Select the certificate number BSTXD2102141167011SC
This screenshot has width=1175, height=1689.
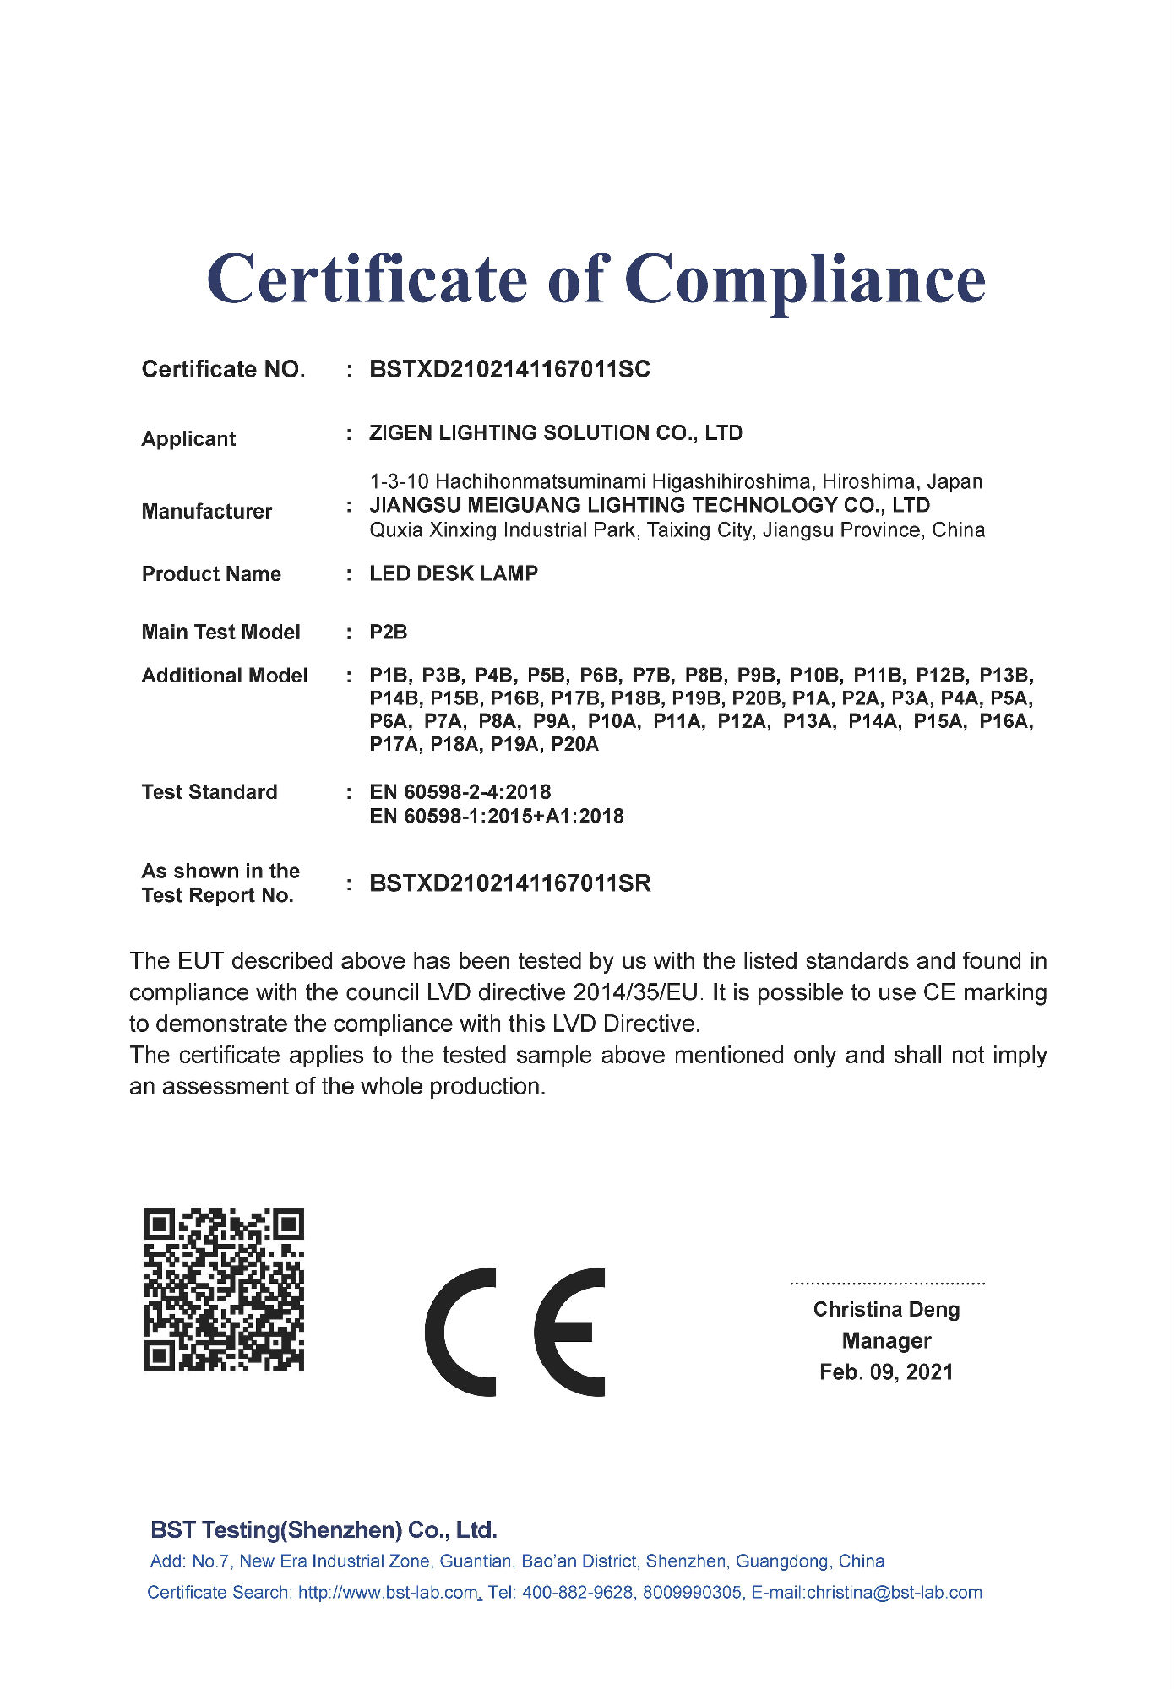pos(509,370)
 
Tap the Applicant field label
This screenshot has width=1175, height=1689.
pos(188,439)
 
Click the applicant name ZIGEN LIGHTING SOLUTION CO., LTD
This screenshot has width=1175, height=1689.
pos(556,433)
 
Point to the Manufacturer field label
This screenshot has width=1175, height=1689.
pos(207,512)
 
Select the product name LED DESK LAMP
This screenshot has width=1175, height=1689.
pos(454,574)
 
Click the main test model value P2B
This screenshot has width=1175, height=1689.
pos(389,633)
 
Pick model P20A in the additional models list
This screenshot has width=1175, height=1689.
pos(574,745)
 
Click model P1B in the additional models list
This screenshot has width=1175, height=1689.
pos(389,676)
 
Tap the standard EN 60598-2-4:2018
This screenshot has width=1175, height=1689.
pos(460,792)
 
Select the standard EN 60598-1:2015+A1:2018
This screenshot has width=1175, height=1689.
pos(497,817)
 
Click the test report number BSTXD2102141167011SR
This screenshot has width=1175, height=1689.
pos(510,884)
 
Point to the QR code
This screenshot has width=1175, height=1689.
pos(224,1290)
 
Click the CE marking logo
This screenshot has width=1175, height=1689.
pos(515,1332)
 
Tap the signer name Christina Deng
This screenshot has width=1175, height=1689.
pos(886,1310)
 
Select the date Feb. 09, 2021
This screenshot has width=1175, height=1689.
pos(886,1372)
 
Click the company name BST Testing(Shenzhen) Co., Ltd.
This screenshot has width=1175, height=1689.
pos(324,1530)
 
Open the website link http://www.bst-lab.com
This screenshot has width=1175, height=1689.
pos(388,1593)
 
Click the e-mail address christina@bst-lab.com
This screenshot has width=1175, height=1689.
pos(894,1593)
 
